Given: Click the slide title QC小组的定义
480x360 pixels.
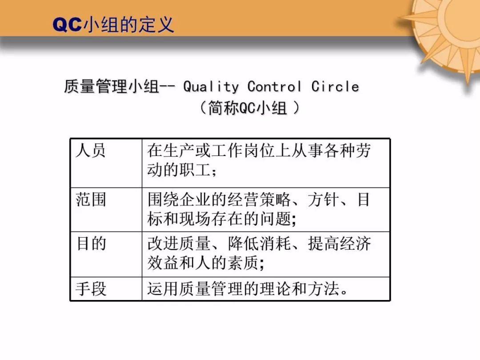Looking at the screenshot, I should [x=113, y=24].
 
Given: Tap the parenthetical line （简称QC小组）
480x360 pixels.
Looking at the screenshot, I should [x=247, y=108].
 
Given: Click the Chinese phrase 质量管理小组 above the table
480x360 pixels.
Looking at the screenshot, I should [x=111, y=86].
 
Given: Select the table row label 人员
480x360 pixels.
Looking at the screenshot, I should [x=91, y=151].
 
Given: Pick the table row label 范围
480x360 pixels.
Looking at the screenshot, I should [x=91, y=200].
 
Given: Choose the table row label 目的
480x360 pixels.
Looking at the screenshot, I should [x=91, y=244].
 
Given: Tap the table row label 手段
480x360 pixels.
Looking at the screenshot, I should [x=91, y=289].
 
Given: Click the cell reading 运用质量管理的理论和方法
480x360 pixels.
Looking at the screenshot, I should [x=247, y=289].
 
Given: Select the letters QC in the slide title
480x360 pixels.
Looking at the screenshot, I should [x=67, y=25].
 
